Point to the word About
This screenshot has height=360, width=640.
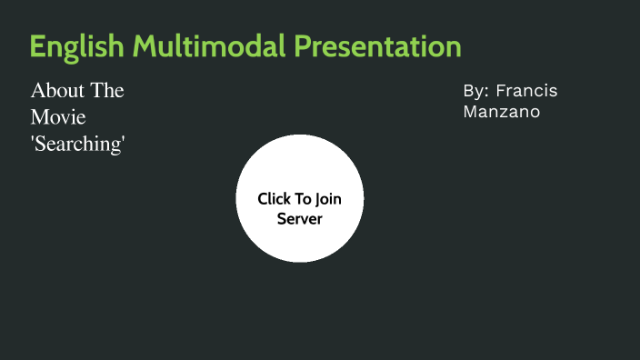(x=56, y=91)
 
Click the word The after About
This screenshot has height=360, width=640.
(x=106, y=91)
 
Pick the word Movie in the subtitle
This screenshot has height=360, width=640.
(x=58, y=117)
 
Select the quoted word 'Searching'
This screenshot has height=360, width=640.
(x=77, y=144)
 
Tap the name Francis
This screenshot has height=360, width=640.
(x=526, y=92)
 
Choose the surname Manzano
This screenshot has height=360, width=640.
(x=501, y=112)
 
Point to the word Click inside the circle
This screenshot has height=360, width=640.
(x=274, y=198)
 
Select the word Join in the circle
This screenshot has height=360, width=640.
(x=328, y=198)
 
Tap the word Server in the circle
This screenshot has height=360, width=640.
(x=300, y=219)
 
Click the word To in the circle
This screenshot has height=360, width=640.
(x=303, y=198)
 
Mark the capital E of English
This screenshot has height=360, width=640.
(x=36, y=46)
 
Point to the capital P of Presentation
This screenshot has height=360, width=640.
(x=302, y=46)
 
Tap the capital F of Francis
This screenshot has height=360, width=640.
(x=501, y=92)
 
